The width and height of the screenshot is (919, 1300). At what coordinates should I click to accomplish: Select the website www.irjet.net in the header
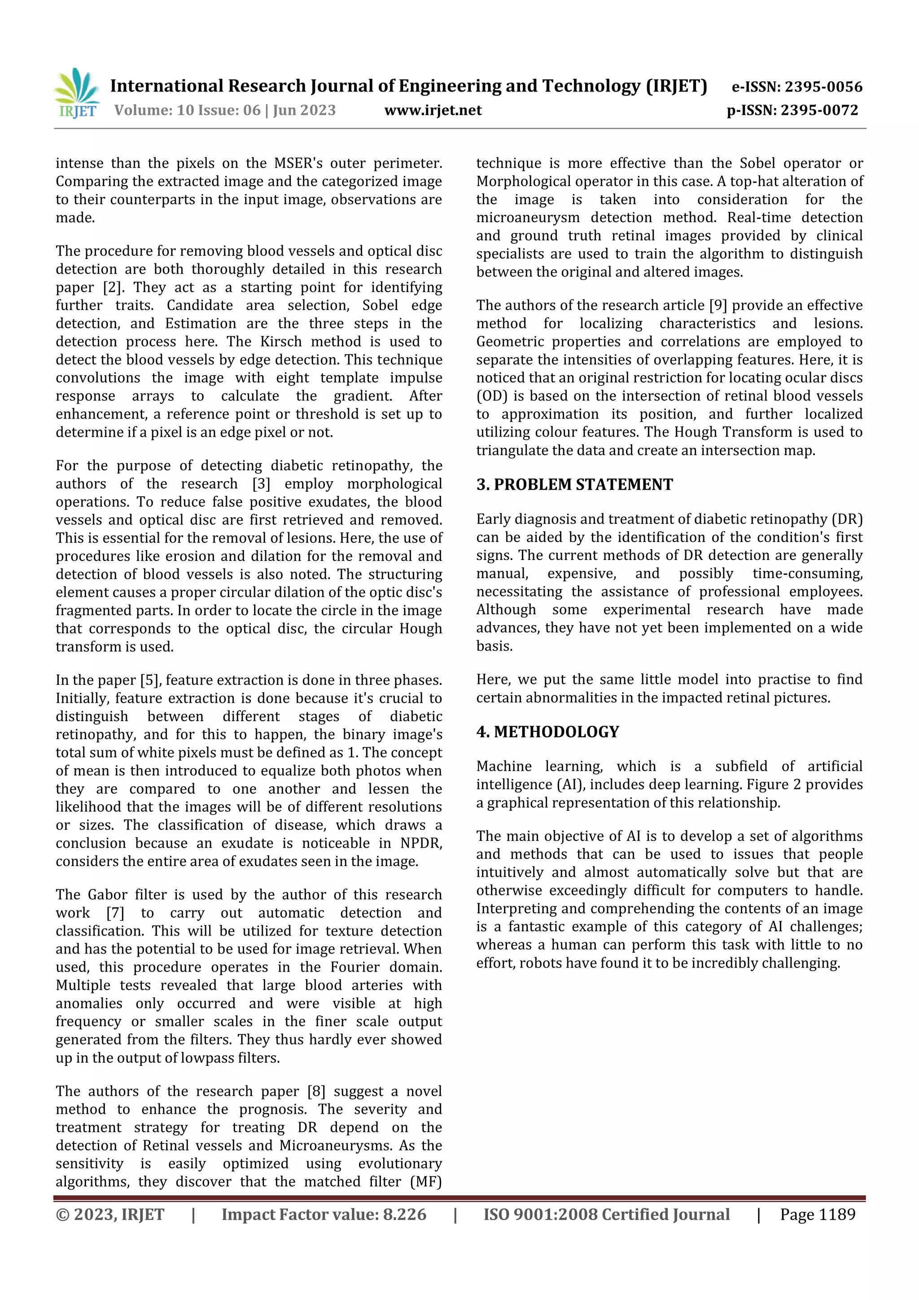433,110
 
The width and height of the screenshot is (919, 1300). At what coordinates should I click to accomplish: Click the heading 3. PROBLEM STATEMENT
574,485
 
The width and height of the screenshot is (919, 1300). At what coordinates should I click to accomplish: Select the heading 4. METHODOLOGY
547,732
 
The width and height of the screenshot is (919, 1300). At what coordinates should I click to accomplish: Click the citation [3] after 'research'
261,484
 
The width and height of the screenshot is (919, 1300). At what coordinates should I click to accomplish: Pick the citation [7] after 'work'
115,913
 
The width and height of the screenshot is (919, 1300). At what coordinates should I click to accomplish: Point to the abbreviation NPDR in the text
421,843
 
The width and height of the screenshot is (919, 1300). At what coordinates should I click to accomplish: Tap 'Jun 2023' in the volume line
304,110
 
